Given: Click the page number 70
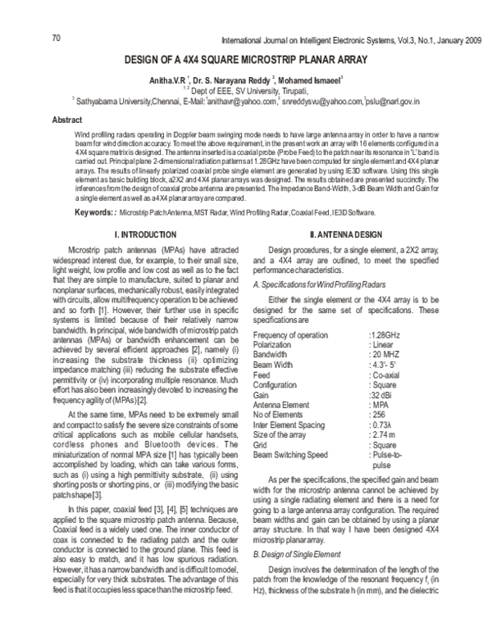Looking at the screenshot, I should click(57, 38).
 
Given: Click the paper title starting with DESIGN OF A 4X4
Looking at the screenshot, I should click(245, 60).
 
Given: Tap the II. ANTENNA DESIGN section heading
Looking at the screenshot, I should click(336, 234).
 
